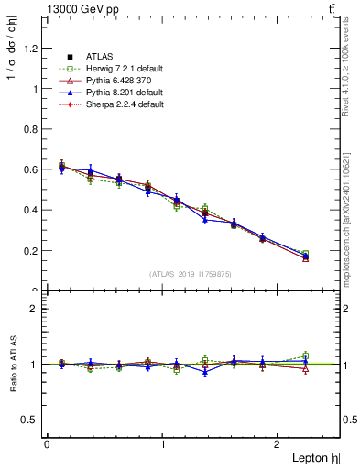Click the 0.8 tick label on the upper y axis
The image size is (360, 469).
35,129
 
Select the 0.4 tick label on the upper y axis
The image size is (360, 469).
35,210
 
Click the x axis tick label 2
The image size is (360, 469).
278,444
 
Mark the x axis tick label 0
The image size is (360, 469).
47,444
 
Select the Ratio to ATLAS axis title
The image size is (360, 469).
12,364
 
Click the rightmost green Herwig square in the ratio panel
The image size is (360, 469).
306,355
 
